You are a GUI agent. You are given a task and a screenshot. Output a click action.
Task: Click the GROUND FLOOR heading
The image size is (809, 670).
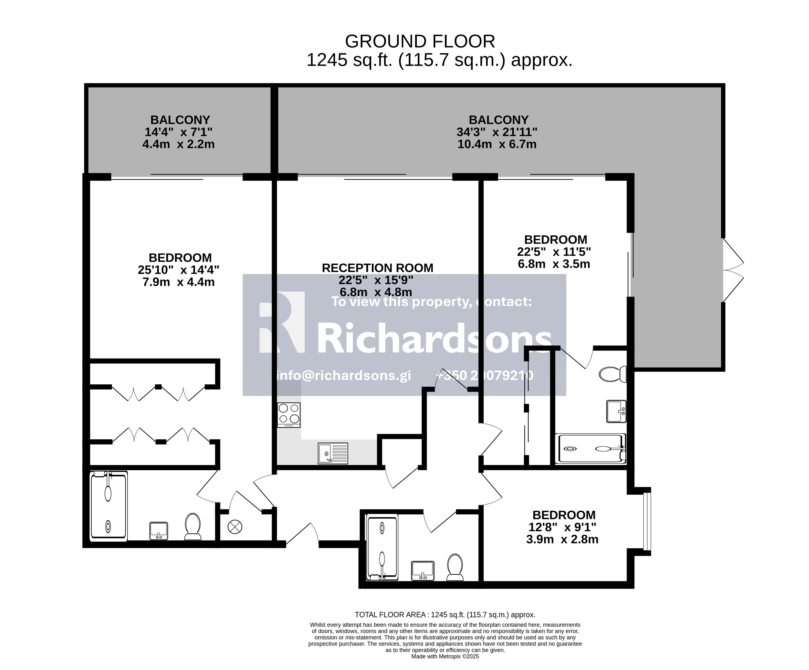[x=420, y=41]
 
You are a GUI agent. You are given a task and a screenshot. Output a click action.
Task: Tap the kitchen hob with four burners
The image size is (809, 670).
[x=289, y=415]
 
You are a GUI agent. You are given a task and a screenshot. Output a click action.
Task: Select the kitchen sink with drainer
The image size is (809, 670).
[x=333, y=453]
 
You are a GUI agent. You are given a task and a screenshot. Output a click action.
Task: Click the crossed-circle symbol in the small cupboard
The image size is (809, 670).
[x=235, y=527]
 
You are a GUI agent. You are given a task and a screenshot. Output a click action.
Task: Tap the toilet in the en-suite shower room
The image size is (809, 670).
[x=612, y=374]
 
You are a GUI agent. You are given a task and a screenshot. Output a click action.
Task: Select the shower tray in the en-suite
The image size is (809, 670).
[x=590, y=449]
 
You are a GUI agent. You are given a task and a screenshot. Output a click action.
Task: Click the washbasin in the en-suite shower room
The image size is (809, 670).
[x=616, y=412]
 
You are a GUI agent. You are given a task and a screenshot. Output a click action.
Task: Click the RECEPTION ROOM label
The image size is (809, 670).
[x=378, y=268]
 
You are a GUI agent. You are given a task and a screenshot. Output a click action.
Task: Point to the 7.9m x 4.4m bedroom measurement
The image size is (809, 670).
[x=179, y=282]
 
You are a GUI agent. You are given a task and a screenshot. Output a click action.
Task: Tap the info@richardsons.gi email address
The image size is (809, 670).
[x=344, y=375]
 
